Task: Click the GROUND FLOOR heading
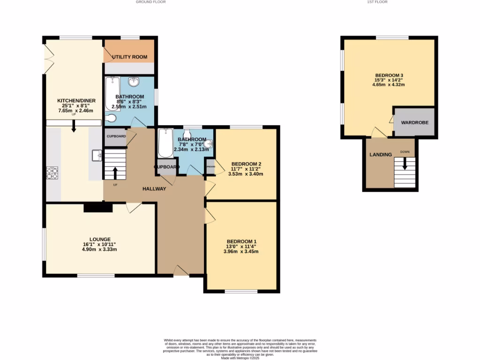150,2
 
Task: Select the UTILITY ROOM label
129,57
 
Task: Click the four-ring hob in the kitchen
52,173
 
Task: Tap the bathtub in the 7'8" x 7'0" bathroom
165,143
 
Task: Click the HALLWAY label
155,188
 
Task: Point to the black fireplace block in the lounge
98,208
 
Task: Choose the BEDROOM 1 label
241,241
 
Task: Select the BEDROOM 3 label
389,75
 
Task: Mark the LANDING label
380,155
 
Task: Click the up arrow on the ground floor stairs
115,172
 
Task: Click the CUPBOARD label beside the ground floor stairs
116,136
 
